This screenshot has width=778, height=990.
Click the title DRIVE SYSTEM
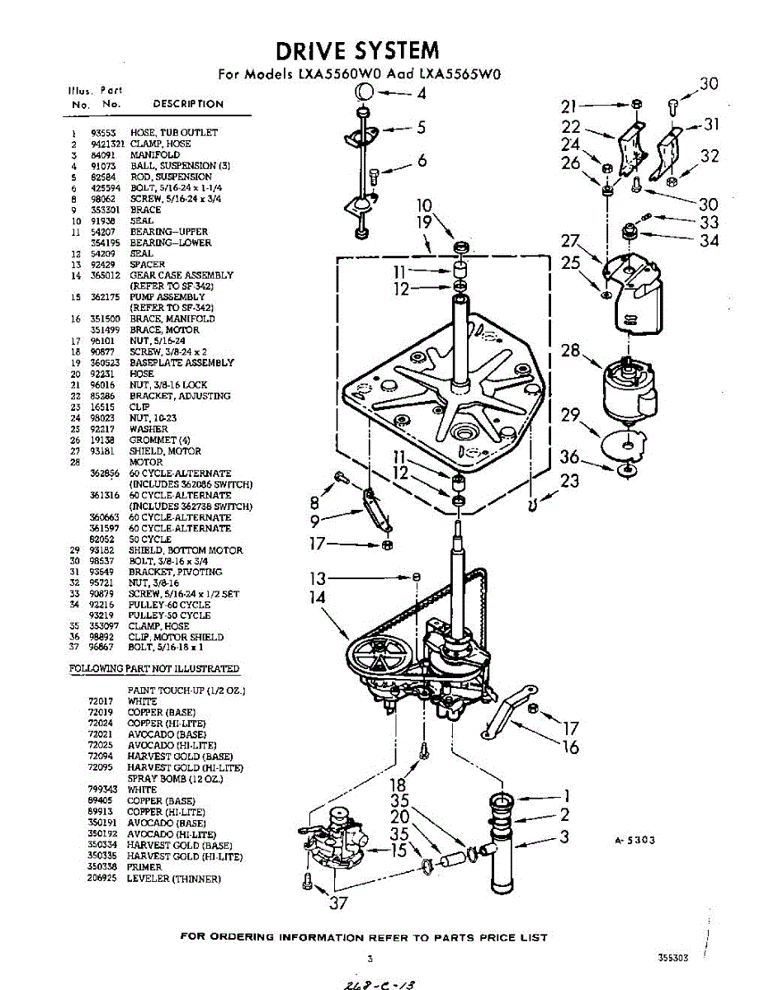pos(356,51)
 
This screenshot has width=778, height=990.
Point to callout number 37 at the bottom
pos(338,903)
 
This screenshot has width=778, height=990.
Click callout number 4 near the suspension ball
pos(422,93)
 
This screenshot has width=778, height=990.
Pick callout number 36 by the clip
pos(569,456)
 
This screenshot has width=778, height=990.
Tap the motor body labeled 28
pos(629,390)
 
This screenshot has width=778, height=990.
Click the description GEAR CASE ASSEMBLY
pos(181,276)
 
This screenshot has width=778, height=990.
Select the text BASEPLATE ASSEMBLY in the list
pos(182,363)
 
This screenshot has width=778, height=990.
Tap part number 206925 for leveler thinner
pos(100,879)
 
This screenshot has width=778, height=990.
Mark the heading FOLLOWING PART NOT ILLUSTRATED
pos(153,669)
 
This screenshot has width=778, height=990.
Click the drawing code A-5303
pos(635,841)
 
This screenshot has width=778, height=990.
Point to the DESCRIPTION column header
pos(188,104)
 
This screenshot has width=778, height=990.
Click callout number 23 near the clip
pos(569,479)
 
